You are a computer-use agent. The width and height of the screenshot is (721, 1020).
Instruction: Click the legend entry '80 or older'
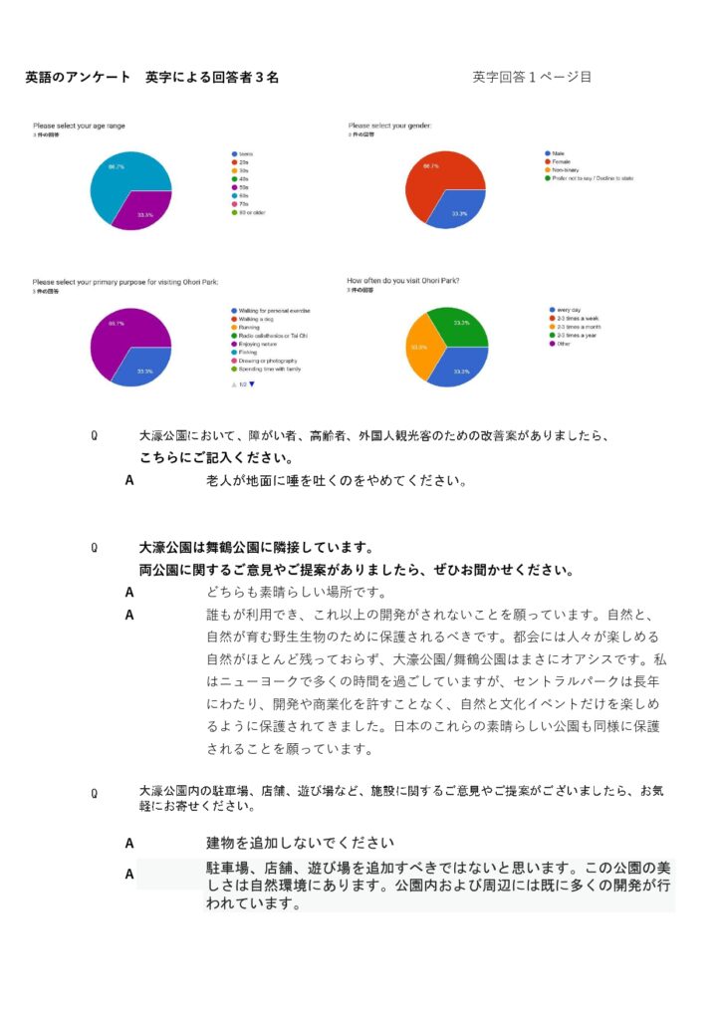coord(253,212)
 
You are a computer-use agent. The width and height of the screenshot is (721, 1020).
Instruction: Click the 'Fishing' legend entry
coord(248,352)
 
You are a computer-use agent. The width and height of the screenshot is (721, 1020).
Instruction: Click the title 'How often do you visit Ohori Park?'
coord(403,281)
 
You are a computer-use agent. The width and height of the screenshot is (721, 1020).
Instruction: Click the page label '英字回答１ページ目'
coord(532,77)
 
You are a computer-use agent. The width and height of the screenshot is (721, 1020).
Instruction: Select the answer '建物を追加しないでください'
coord(300,843)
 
